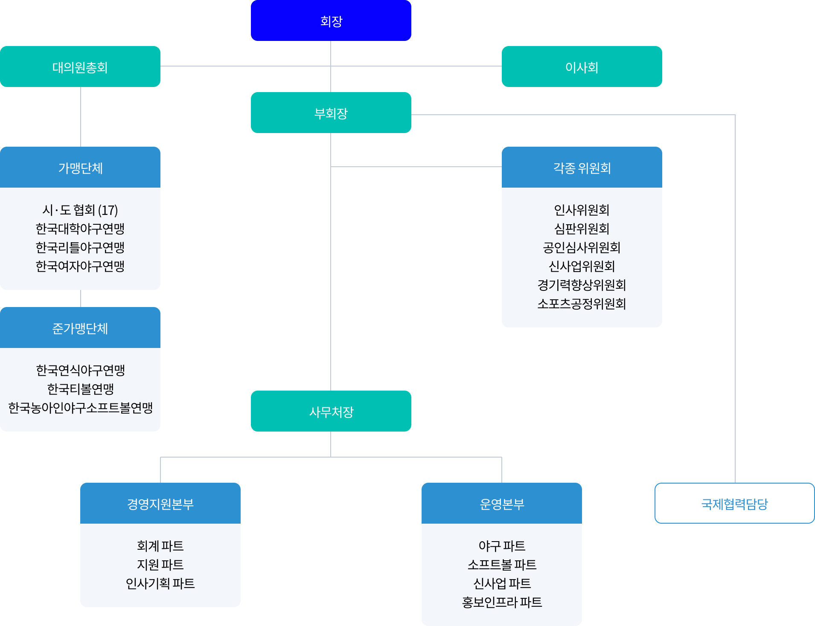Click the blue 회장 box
pyautogui.click(x=331, y=20)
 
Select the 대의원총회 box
pyautogui.click(x=80, y=67)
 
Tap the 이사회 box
pyautogui.click(x=582, y=67)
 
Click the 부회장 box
pyautogui.click(x=331, y=113)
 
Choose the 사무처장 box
pyautogui.click(x=331, y=412)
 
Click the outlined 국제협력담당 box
pyautogui.click(x=734, y=504)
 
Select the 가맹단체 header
pyautogui.click(x=80, y=168)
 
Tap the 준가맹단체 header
pyautogui.click(x=80, y=328)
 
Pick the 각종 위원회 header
pyautogui.click(x=582, y=168)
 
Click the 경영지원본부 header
pyautogui.click(x=160, y=504)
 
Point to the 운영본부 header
pyautogui.click(x=501, y=504)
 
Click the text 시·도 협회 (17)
pyautogui.click(x=80, y=210)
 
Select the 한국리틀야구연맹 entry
pyautogui.click(x=80, y=247)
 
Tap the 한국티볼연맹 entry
pyautogui.click(x=80, y=389)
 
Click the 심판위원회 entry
pyautogui.click(x=582, y=229)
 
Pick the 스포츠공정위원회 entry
pyautogui.click(x=582, y=304)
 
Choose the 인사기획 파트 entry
pyautogui.click(x=160, y=583)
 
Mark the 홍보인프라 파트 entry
pyautogui.click(x=501, y=602)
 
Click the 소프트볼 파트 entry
pyautogui.click(x=501, y=565)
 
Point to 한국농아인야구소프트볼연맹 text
pyautogui.click(x=80, y=408)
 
